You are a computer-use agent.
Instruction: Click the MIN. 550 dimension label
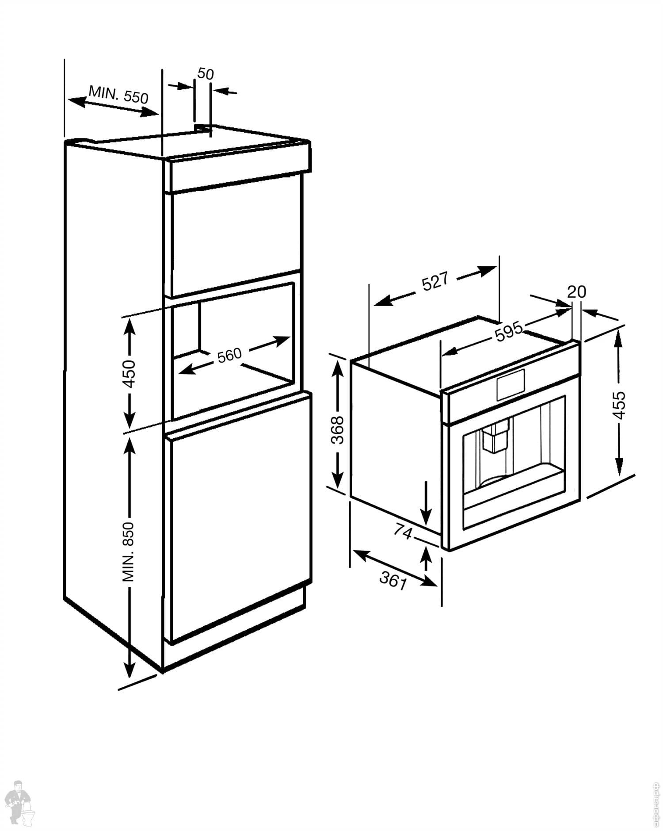tap(118, 94)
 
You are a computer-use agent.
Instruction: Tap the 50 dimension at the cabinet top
tap(205, 73)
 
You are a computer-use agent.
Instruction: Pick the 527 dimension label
tap(435, 282)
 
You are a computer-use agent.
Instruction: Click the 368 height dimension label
tap(338, 429)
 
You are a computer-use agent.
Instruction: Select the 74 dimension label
tap(402, 532)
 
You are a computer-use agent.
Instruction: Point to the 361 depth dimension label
tap(392, 580)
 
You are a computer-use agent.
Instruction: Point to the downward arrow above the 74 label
tap(426, 502)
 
